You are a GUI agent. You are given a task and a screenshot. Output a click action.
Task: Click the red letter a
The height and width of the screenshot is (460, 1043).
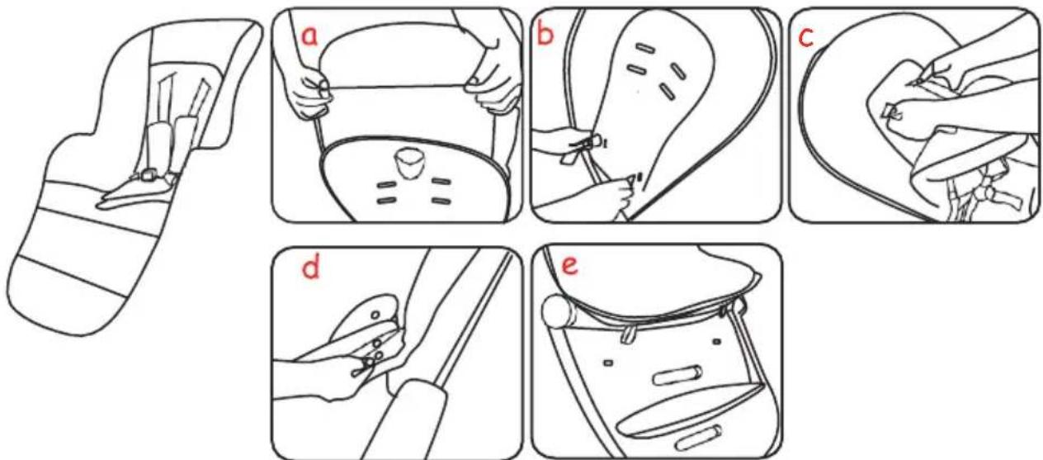[310, 36]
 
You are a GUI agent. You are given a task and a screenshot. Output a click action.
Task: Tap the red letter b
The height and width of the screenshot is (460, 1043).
[545, 35]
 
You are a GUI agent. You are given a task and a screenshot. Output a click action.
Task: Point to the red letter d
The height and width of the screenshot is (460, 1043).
[311, 267]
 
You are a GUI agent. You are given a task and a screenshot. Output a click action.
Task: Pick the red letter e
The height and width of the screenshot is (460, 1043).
[570, 266]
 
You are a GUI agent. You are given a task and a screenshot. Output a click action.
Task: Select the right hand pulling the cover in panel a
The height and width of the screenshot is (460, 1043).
[493, 86]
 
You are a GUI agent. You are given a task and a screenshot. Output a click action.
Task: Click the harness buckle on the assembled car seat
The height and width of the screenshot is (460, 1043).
[149, 176]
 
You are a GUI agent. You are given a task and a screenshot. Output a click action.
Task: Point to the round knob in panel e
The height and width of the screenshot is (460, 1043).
[559, 312]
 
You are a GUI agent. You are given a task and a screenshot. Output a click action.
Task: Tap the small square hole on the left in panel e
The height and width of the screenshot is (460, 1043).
[607, 362]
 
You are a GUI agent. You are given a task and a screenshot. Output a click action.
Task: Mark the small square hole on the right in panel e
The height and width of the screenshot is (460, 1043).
[718, 342]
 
